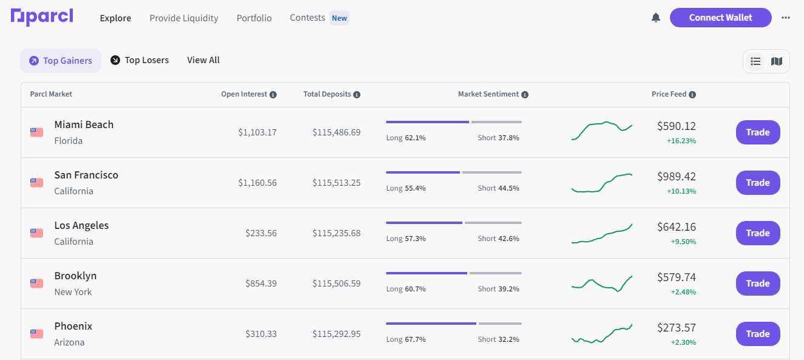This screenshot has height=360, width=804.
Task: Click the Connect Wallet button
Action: pos(720,18)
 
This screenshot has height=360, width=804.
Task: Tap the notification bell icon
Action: pos(656,18)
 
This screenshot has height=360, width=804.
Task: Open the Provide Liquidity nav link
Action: pos(184,18)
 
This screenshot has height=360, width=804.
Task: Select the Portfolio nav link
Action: pos(254,18)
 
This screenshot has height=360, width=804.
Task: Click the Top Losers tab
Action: pos(140,60)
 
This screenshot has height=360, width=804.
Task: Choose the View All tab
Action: pos(203,60)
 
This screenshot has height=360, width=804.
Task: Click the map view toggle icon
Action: pos(777,61)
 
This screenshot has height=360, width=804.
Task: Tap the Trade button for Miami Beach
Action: pos(758,132)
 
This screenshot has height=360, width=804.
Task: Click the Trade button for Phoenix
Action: pos(758,334)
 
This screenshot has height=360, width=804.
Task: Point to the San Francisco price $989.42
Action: pos(676,177)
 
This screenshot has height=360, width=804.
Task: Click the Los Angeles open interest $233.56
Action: pos(261,233)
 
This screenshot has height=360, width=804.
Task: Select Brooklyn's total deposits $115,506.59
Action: pos(336,284)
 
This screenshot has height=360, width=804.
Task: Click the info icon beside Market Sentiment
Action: pos(525,95)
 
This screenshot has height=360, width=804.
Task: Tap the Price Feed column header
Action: pos(669,94)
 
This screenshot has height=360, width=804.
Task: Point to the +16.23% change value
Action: pos(681,141)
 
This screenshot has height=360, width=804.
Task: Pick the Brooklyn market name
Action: pos(75,276)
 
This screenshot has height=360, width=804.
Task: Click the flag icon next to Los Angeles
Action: pos(36,233)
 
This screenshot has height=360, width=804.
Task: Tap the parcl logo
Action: pos(42,17)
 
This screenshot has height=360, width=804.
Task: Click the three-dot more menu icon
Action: pos(786,18)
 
